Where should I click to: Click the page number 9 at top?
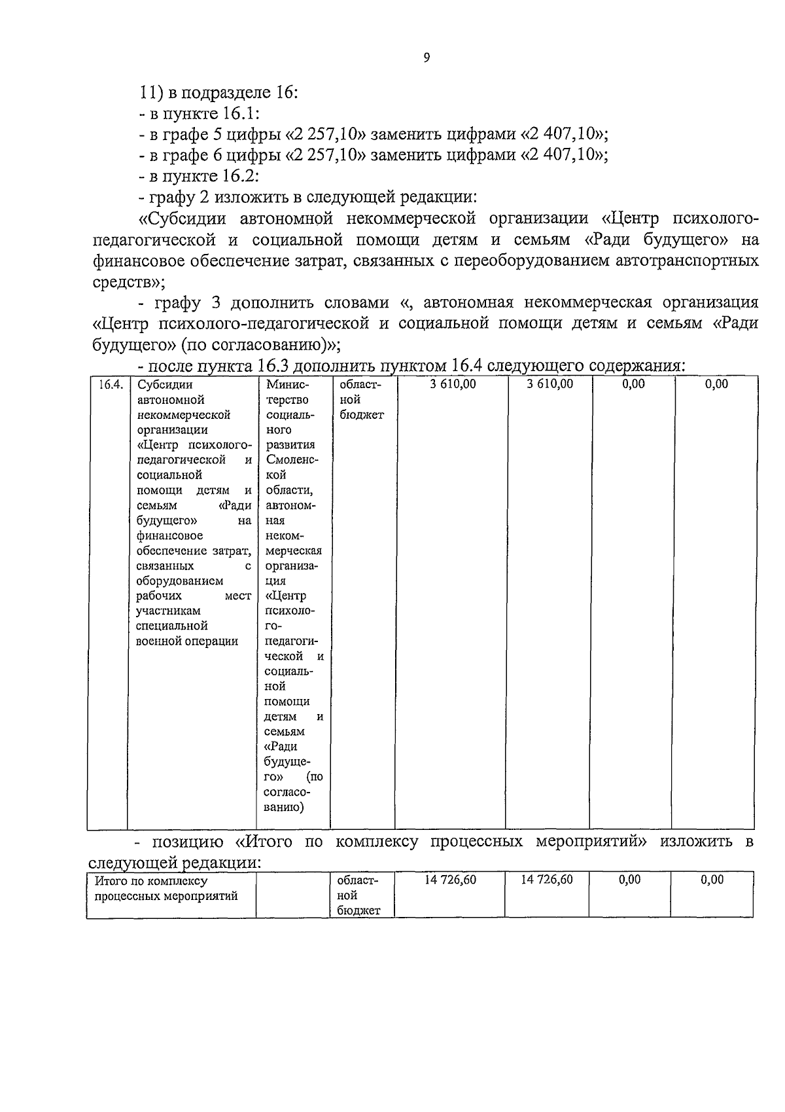tap(427, 58)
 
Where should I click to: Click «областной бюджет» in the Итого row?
tap(357, 895)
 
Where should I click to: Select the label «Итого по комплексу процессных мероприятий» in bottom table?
tap(166, 888)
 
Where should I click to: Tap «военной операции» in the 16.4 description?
tap(187, 641)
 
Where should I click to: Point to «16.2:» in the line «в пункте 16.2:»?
tap(237, 176)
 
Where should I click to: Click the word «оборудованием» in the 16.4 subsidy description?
tap(179, 581)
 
